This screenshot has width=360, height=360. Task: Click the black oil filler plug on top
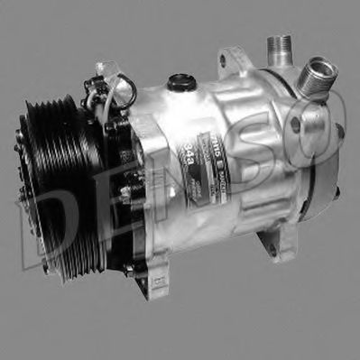[x=182, y=84]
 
